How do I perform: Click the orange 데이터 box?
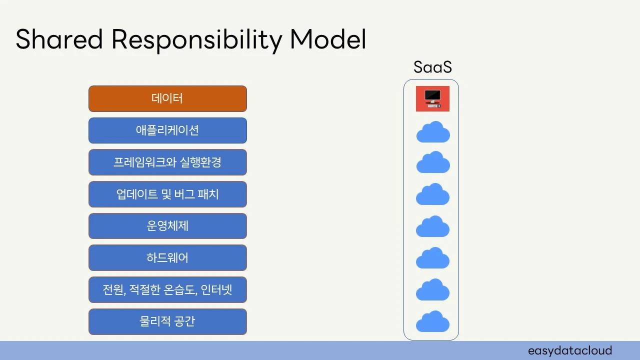[x=167, y=98]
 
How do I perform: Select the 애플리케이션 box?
[x=167, y=130]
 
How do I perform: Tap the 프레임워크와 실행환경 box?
[x=167, y=162]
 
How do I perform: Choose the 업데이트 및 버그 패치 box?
[x=167, y=194]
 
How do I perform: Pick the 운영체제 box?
[x=167, y=226]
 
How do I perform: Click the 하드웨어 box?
[x=167, y=258]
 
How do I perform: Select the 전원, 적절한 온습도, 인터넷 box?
[x=167, y=289]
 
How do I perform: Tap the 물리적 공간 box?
[x=167, y=321]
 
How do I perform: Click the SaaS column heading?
[x=432, y=67]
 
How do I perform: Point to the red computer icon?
[x=432, y=98]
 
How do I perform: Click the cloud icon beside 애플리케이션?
[x=433, y=132]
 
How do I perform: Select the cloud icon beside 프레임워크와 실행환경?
[x=433, y=163]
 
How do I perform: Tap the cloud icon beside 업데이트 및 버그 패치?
[x=433, y=194]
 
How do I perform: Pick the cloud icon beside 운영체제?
[x=433, y=226]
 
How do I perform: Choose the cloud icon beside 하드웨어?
[x=433, y=258]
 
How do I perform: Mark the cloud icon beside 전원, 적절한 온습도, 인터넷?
[x=433, y=290]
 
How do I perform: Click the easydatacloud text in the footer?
[x=569, y=350]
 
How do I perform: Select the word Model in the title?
[x=328, y=40]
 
